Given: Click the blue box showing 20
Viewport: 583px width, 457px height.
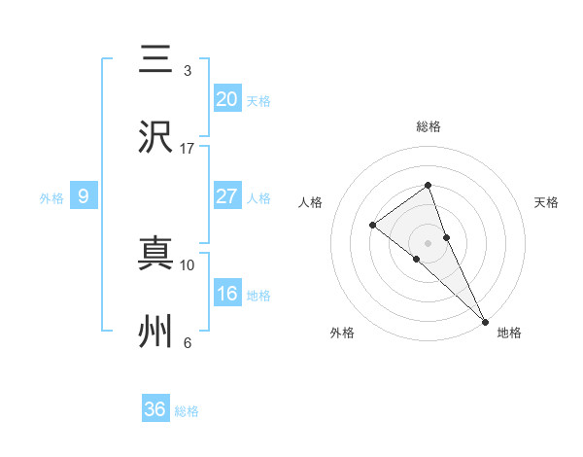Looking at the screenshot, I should [x=226, y=99].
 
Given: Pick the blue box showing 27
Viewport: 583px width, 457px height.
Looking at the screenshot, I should [x=226, y=196].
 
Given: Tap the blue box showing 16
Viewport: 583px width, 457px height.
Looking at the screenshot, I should [x=226, y=294].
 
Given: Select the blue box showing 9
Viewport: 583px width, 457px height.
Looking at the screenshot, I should [x=84, y=196].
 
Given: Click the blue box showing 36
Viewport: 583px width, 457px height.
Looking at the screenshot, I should [x=154, y=409].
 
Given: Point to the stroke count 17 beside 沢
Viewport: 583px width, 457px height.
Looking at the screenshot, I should [x=187, y=149].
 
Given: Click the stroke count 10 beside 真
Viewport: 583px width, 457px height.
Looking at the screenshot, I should [x=187, y=264].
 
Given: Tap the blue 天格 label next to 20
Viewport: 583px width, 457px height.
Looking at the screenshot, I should [x=258, y=101].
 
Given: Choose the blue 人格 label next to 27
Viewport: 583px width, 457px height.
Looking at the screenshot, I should [x=258, y=198].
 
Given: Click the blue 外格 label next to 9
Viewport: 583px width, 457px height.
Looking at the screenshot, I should [x=51, y=198].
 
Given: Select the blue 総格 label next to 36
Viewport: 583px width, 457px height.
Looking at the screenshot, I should [x=187, y=411].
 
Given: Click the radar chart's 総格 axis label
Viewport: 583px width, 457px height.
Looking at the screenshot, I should [x=428, y=126].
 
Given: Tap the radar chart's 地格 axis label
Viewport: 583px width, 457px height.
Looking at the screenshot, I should [x=509, y=333].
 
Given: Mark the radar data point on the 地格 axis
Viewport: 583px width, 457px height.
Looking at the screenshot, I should [x=485, y=320].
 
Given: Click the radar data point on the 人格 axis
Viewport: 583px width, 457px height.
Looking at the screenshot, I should [x=372, y=226].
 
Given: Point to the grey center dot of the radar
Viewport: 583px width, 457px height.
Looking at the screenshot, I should [x=428, y=242].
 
